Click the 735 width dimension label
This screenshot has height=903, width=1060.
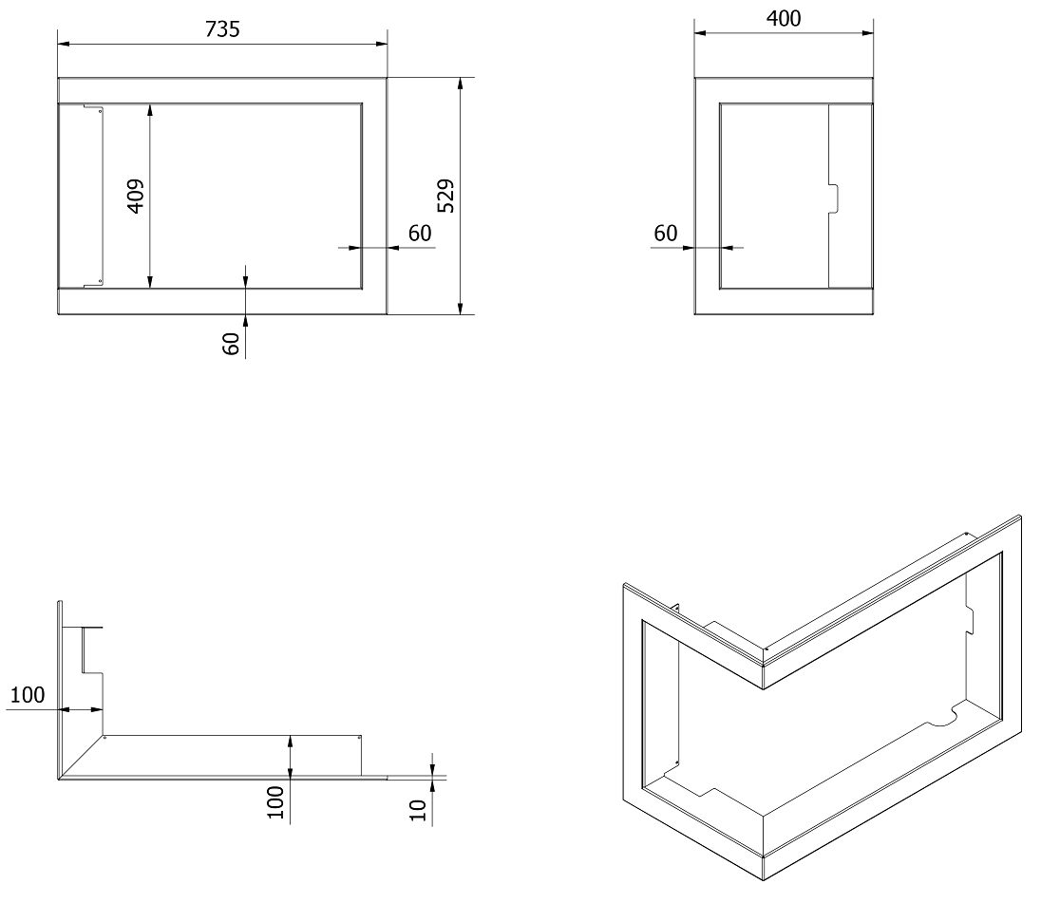[x=222, y=29]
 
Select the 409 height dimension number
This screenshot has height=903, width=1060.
[x=136, y=196]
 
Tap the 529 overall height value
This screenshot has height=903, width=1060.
[x=446, y=196]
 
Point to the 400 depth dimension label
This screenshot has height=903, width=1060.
[x=784, y=18]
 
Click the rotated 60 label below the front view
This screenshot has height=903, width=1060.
[x=231, y=344]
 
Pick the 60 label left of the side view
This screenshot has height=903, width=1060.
[x=665, y=234]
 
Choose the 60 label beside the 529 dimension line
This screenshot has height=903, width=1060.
[x=420, y=234]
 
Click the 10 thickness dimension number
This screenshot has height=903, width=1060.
[x=419, y=810]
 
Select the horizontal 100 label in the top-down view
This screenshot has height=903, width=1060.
[x=28, y=695]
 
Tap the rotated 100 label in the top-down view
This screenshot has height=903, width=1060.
[x=275, y=802]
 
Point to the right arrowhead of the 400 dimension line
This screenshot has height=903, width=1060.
[x=867, y=32]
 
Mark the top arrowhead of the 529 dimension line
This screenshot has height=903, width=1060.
[x=461, y=84]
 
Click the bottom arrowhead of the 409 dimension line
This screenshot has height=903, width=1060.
[x=150, y=282]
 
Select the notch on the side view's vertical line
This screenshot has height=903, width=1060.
[x=834, y=198]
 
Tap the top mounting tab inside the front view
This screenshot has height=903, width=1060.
[x=93, y=107]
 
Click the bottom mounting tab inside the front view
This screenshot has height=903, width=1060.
[x=93, y=284]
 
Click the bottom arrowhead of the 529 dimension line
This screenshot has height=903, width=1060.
[x=461, y=309]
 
